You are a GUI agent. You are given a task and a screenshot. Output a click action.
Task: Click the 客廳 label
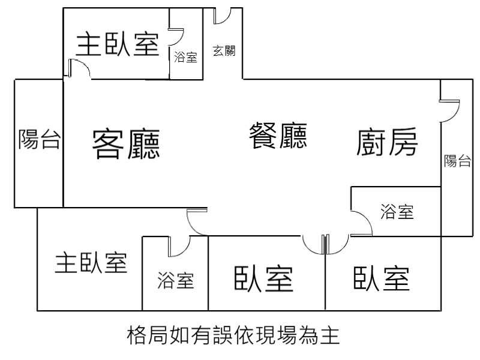click(x=126, y=144)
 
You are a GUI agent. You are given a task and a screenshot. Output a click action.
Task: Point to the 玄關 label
click(x=224, y=51)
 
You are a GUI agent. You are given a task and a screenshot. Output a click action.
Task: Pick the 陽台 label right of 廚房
click(x=457, y=161)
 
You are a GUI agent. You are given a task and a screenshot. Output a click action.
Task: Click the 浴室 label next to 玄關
click(x=185, y=58)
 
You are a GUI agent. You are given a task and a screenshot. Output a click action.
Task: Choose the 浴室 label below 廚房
click(x=397, y=211)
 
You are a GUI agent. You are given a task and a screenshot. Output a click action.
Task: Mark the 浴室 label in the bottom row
click(x=176, y=280)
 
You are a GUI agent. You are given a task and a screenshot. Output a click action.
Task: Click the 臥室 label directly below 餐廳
click(x=263, y=278)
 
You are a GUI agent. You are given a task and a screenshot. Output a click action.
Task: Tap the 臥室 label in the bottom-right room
click(x=382, y=278)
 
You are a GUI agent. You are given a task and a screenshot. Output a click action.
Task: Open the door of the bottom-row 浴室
click(x=179, y=245)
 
